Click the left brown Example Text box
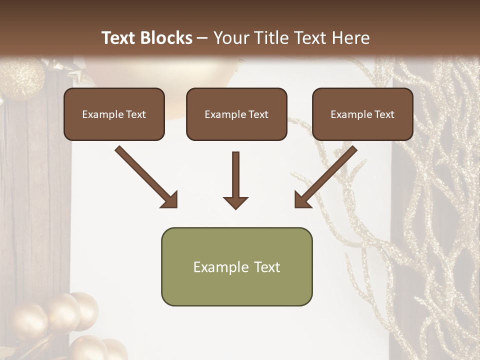[x=114, y=114]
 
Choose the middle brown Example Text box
[x=236, y=114]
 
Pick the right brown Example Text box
[x=362, y=114]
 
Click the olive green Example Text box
[x=236, y=266]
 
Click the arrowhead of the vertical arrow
[x=236, y=202]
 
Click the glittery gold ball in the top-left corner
[x=22, y=77]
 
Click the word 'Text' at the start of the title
[x=118, y=38]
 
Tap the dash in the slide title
[x=202, y=38]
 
